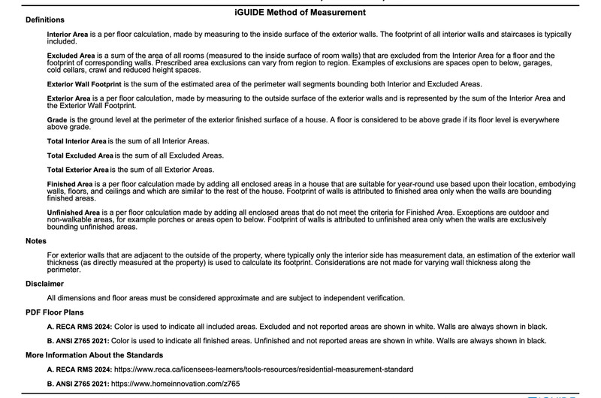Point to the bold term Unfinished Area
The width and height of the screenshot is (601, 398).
[74, 213]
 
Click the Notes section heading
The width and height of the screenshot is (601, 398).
[36, 241]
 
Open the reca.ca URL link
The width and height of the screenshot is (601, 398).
[262, 369]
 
